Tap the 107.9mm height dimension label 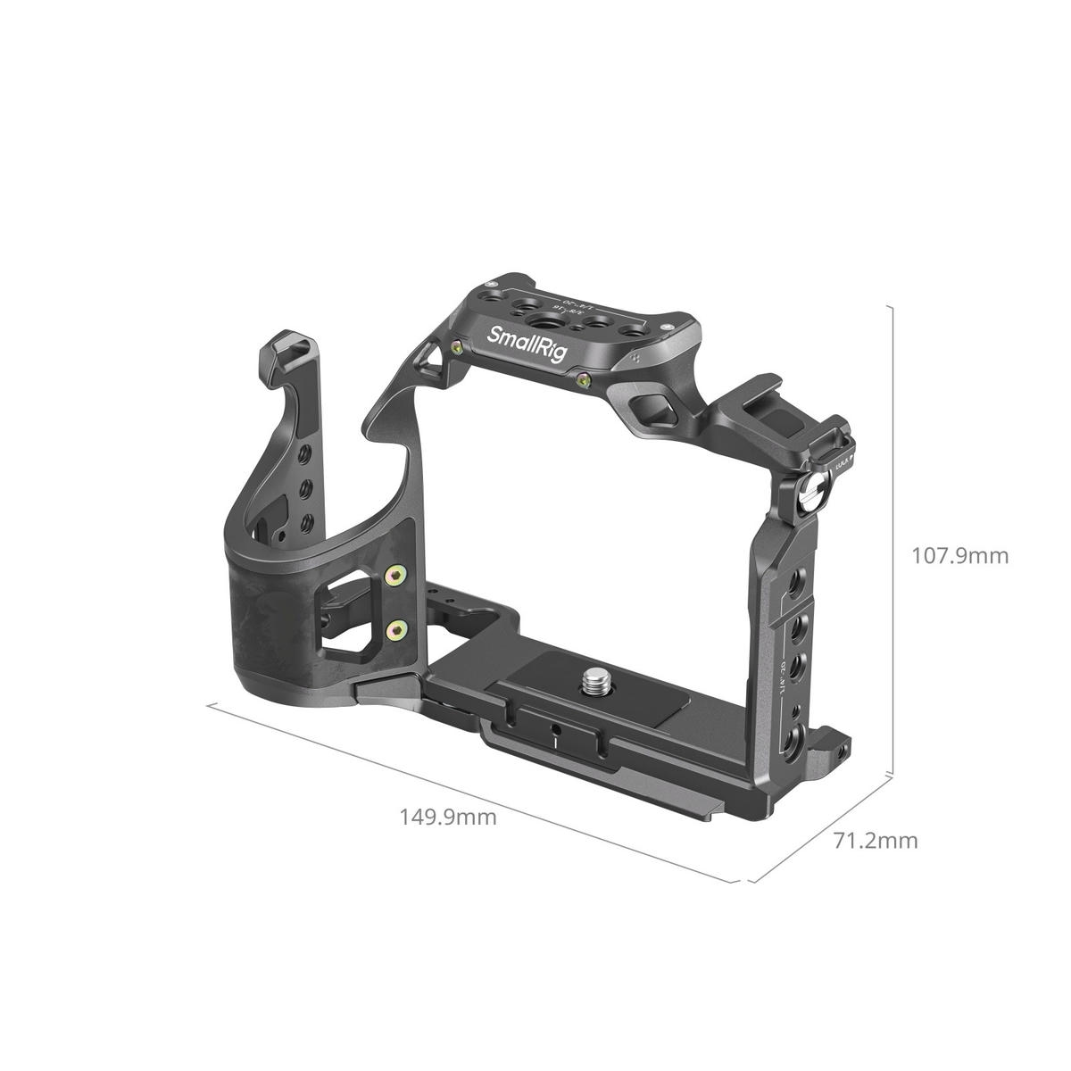(x=959, y=556)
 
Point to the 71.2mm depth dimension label (x=875, y=840)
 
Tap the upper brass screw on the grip (x=392, y=579)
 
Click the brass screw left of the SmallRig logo (x=458, y=348)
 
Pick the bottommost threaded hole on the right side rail (x=794, y=741)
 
